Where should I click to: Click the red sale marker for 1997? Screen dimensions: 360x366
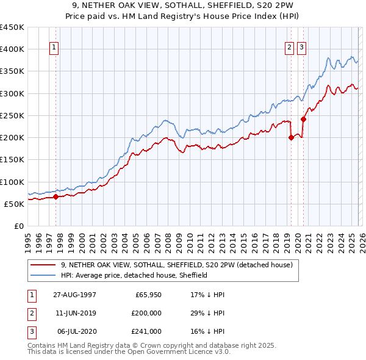(56, 196)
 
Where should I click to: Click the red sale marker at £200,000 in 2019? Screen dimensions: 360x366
(291, 137)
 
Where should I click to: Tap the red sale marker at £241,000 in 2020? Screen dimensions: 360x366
(303, 119)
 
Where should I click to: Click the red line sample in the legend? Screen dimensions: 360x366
(43, 265)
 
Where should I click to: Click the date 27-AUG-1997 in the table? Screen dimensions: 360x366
(74, 294)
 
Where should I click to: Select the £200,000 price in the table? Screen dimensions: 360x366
(146, 312)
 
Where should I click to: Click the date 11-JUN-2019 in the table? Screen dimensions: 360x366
(74, 312)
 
